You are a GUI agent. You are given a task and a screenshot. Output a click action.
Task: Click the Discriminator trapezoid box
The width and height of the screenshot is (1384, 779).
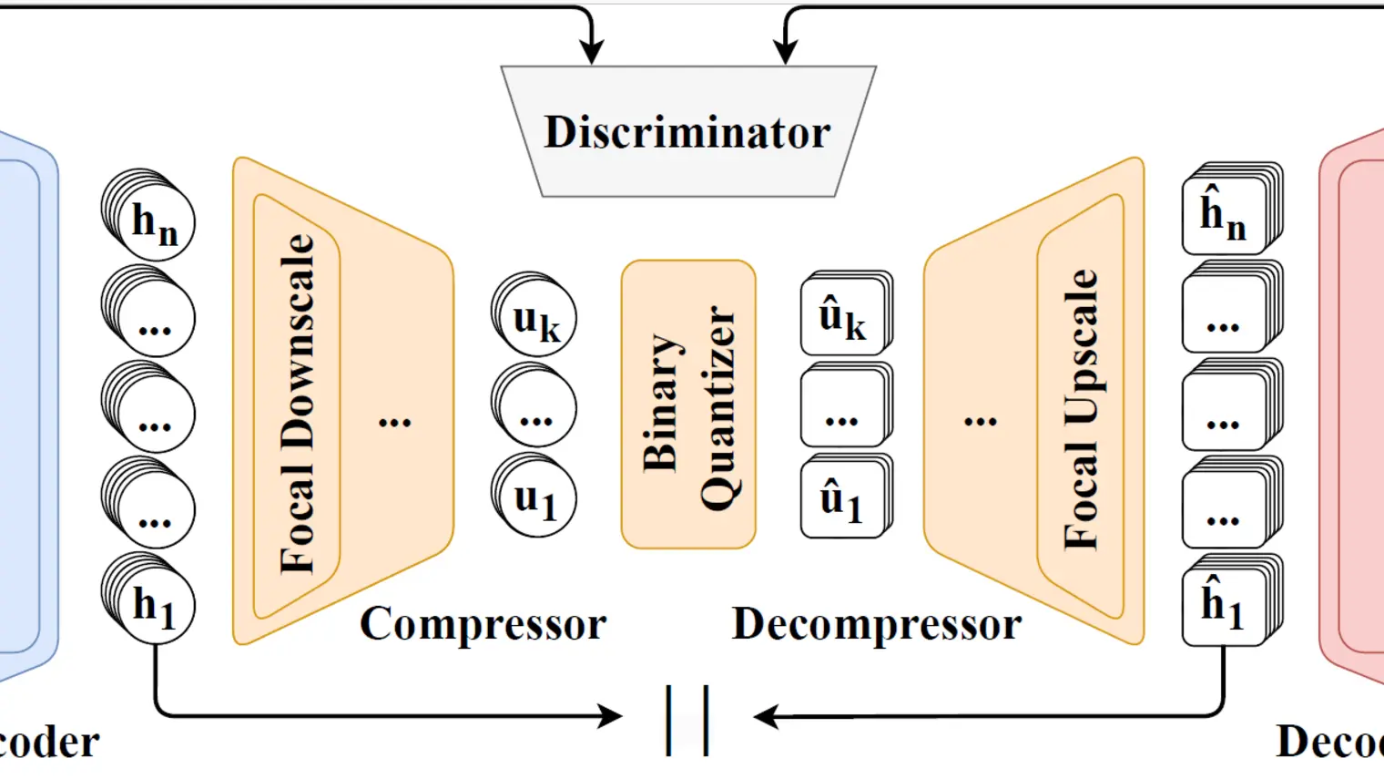click(x=688, y=132)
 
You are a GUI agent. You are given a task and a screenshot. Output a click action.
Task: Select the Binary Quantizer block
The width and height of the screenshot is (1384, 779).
click(x=688, y=405)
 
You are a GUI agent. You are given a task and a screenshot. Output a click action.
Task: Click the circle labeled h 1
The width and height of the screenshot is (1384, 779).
click(x=154, y=604)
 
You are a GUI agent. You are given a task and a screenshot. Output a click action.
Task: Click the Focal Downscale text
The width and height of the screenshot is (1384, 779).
click(x=298, y=405)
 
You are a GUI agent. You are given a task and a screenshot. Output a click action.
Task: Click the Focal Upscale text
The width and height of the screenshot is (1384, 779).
click(x=1082, y=409)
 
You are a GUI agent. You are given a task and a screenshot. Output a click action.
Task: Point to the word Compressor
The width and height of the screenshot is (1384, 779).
click(x=483, y=625)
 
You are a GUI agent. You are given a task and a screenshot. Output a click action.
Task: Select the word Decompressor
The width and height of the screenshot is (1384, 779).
click(x=876, y=625)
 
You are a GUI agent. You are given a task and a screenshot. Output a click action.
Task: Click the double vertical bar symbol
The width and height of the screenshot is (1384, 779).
click(x=687, y=720)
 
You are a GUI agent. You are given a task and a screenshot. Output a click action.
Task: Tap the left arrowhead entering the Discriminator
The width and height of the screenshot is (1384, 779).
click(x=592, y=52)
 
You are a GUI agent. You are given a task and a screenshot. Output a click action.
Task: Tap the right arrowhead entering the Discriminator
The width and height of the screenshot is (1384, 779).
click(x=786, y=52)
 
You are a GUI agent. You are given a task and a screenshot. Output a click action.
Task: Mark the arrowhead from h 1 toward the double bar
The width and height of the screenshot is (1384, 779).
click(x=611, y=716)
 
